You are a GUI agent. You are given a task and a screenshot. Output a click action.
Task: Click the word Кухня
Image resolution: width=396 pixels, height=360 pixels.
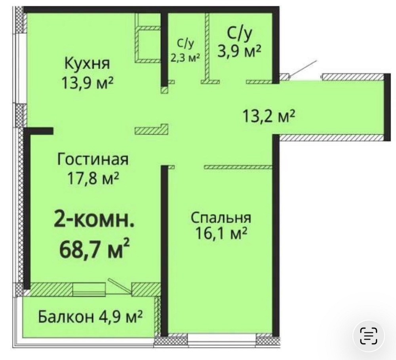click(x=87, y=63)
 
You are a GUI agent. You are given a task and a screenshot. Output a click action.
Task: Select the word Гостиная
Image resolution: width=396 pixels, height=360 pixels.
click(x=93, y=160)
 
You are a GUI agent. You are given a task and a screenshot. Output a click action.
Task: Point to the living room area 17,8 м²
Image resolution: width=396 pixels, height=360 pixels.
click(x=93, y=179)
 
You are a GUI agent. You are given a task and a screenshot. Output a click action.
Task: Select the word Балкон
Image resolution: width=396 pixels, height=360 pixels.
click(x=66, y=317)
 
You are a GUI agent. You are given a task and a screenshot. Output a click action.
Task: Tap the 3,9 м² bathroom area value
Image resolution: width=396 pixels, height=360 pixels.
click(x=239, y=51)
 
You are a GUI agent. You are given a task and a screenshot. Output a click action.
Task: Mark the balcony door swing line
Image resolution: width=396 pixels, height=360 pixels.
click(x=120, y=285)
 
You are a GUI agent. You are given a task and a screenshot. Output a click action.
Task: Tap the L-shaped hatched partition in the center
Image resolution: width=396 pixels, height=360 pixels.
click(x=152, y=130)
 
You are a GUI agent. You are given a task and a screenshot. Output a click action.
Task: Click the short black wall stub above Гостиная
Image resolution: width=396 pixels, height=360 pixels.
click(x=40, y=131)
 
